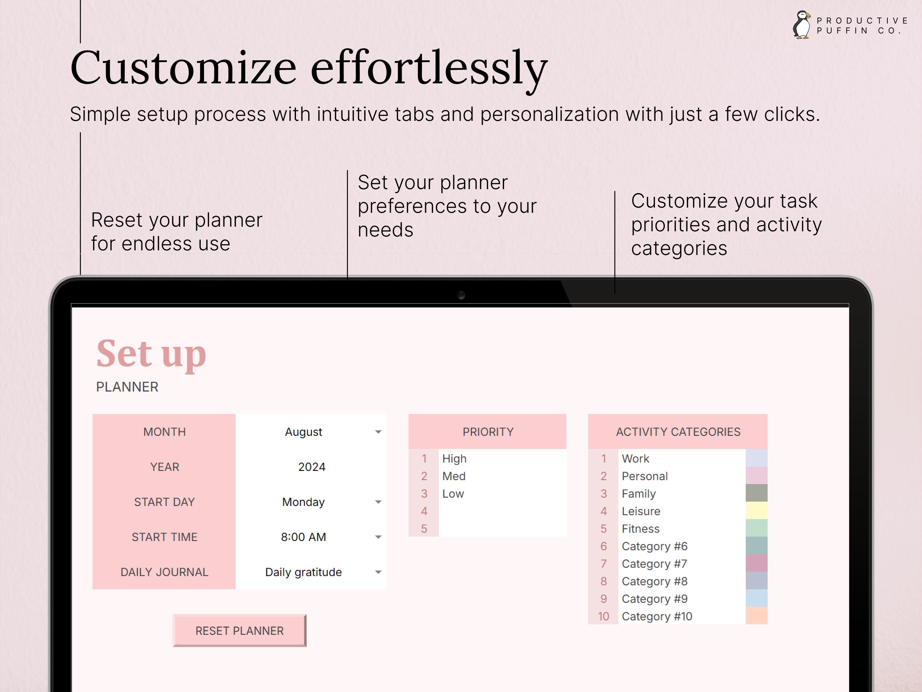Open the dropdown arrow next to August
(x=378, y=432)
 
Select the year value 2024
(x=312, y=467)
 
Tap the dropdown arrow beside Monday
(x=378, y=502)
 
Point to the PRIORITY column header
(x=488, y=432)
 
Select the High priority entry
(x=454, y=459)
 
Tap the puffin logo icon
(x=802, y=25)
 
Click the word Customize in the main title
(x=183, y=68)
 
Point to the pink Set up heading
(x=151, y=355)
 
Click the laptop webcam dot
(x=461, y=295)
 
